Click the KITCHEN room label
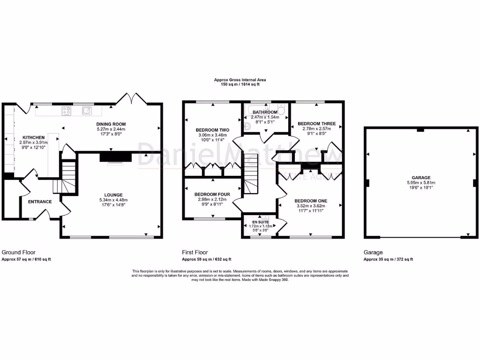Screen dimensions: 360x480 click(x=32, y=137)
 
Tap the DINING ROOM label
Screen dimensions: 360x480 click(x=111, y=124)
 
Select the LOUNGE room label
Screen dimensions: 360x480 click(x=113, y=195)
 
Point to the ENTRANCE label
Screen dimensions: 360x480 click(x=40, y=202)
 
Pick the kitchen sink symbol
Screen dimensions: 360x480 click(x=87, y=111)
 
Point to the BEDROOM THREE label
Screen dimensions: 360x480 click(x=316, y=124)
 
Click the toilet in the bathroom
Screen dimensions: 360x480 click(x=280, y=110)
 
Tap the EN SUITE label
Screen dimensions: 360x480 click(x=259, y=222)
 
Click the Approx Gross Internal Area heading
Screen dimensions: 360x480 click(x=240, y=80)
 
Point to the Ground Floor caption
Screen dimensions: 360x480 click(x=19, y=252)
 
